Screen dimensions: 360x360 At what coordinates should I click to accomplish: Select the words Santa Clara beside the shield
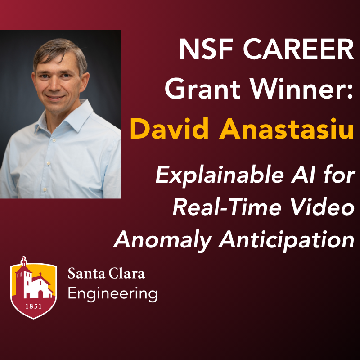coord(106,273)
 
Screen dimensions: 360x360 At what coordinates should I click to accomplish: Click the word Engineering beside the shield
coord(112,294)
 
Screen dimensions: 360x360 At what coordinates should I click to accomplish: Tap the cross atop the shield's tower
coord(24,260)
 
